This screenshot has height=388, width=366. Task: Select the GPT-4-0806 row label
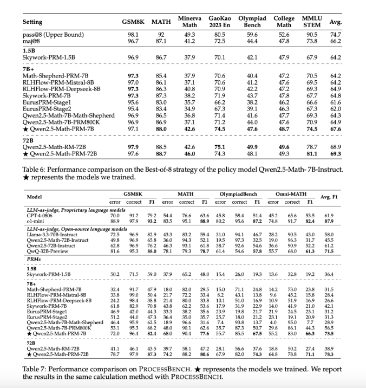pyautogui.click(x=40, y=216)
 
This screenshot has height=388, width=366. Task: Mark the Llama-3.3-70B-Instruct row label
pyautogui.click(x=51, y=234)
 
